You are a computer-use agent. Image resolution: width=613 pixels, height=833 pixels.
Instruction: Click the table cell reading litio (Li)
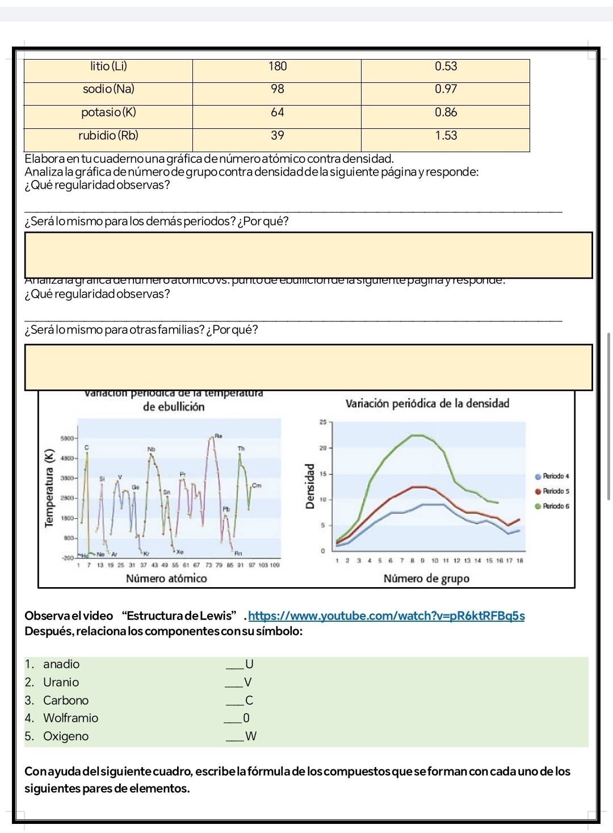click(x=108, y=66)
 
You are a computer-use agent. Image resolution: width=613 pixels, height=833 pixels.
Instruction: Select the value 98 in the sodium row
click(x=277, y=89)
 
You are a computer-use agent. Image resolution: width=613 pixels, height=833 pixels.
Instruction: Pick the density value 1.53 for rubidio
click(x=446, y=136)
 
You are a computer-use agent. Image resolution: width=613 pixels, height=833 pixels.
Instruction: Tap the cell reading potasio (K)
click(x=108, y=112)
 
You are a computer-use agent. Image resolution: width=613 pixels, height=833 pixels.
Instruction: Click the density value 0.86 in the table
click(x=446, y=112)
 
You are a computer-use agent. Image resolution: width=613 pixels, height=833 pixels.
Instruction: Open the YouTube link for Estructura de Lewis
click(x=387, y=616)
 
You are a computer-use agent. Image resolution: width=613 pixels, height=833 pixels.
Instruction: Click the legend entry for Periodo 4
click(x=555, y=476)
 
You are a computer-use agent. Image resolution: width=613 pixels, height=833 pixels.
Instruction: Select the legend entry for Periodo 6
click(x=555, y=506)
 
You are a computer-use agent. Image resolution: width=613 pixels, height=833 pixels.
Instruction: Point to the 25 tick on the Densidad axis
click(x=322, y=422)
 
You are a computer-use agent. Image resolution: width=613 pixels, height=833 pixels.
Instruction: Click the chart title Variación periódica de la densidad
click(x=427, y=404)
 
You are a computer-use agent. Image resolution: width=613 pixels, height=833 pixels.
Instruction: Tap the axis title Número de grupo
click(x=426, y=579)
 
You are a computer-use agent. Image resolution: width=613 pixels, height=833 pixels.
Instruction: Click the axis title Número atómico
click(x=166, y=579)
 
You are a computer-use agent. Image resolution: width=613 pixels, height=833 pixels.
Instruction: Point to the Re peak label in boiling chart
click(x=217, y=436)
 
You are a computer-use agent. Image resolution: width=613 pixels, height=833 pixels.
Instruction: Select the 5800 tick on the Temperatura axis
click(x=68, y=439)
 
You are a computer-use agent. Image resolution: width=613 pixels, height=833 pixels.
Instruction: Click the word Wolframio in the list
click(x=71, y=718)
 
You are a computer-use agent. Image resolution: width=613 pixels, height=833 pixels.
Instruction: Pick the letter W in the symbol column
click(x=251, y=736)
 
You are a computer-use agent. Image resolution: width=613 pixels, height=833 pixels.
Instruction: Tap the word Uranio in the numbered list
click(x=61, y=683)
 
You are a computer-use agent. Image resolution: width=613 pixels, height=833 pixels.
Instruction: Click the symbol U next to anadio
click(x=249, y=664)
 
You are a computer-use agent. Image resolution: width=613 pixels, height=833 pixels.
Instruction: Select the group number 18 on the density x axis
click(x=519, y=560)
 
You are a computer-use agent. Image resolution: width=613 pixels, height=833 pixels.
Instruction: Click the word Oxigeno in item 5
click(x=66, y=736)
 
